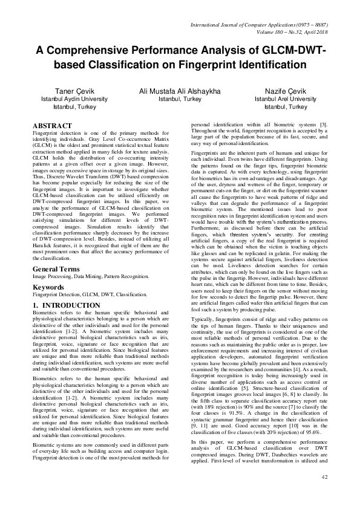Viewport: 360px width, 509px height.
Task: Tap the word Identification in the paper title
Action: [264, 64]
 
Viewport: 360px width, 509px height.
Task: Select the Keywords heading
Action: [49, 287]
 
